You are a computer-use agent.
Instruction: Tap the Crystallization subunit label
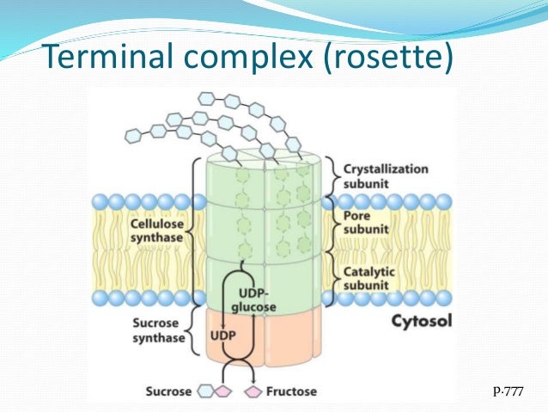pyautogui.click(x=385, y=175)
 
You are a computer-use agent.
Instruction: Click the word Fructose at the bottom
pyautogui.click(x=291, y=390)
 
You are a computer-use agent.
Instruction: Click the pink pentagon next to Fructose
pyautogui.click(x=253, y=391)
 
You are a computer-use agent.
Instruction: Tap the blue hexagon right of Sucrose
pyautogui.click(x=206, y=391)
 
